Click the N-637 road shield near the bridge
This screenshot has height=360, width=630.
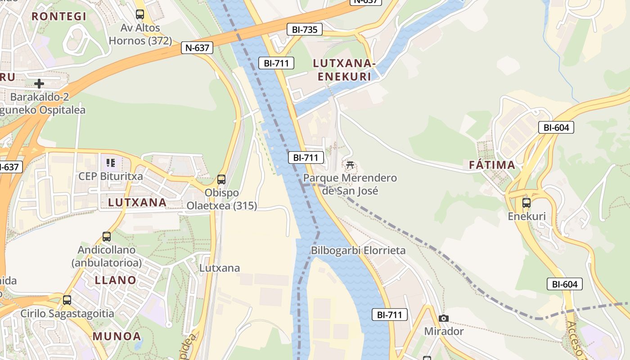click(197, 48)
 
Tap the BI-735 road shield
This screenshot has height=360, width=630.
click(305, 30)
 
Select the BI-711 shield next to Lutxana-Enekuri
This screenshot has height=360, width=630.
click(276, 63)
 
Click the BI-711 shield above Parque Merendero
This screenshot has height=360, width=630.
click(306, 157)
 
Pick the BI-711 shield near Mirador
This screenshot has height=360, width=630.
click(389, 315)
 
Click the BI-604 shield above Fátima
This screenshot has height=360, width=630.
click(556, 127)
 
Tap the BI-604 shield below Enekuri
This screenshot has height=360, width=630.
click(564, 284)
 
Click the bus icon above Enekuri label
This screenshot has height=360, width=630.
click(526, 203)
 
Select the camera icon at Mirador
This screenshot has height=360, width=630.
click(443, 319)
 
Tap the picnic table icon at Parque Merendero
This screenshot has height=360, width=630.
click(350, 165)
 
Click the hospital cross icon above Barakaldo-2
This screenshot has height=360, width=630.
click(39, 83)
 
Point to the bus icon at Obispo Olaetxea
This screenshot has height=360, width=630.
click(221, 180)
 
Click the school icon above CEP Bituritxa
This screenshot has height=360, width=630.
click(111, 162)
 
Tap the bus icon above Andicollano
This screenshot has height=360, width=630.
click(107, 236)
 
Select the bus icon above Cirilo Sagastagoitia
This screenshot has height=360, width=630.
click(67, 300)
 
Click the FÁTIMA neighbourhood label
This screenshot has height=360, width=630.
click(492, 165)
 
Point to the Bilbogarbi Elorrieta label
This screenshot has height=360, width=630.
click(358, 251)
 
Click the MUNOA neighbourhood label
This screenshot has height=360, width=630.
click(117, 336)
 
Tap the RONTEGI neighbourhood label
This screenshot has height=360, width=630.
click(58, 17)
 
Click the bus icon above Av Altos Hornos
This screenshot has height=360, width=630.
click(140, 14)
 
